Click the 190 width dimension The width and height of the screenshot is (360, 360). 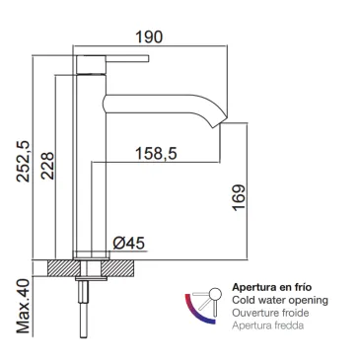tap(149, 37)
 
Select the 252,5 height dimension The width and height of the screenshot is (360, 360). tap(24, 162)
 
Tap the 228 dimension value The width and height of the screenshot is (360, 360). tap(47, 166)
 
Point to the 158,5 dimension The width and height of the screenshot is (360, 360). tap(157, 154)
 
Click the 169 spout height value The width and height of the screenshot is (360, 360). tap(239, 197)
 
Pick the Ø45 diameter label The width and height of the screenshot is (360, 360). tap(128, 244)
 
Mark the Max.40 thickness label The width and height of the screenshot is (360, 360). tap(23, 307)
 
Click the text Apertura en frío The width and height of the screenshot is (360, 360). tap(272, 287)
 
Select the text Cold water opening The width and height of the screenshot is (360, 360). tap(280, 300)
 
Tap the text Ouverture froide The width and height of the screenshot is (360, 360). tap(270, 313)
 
